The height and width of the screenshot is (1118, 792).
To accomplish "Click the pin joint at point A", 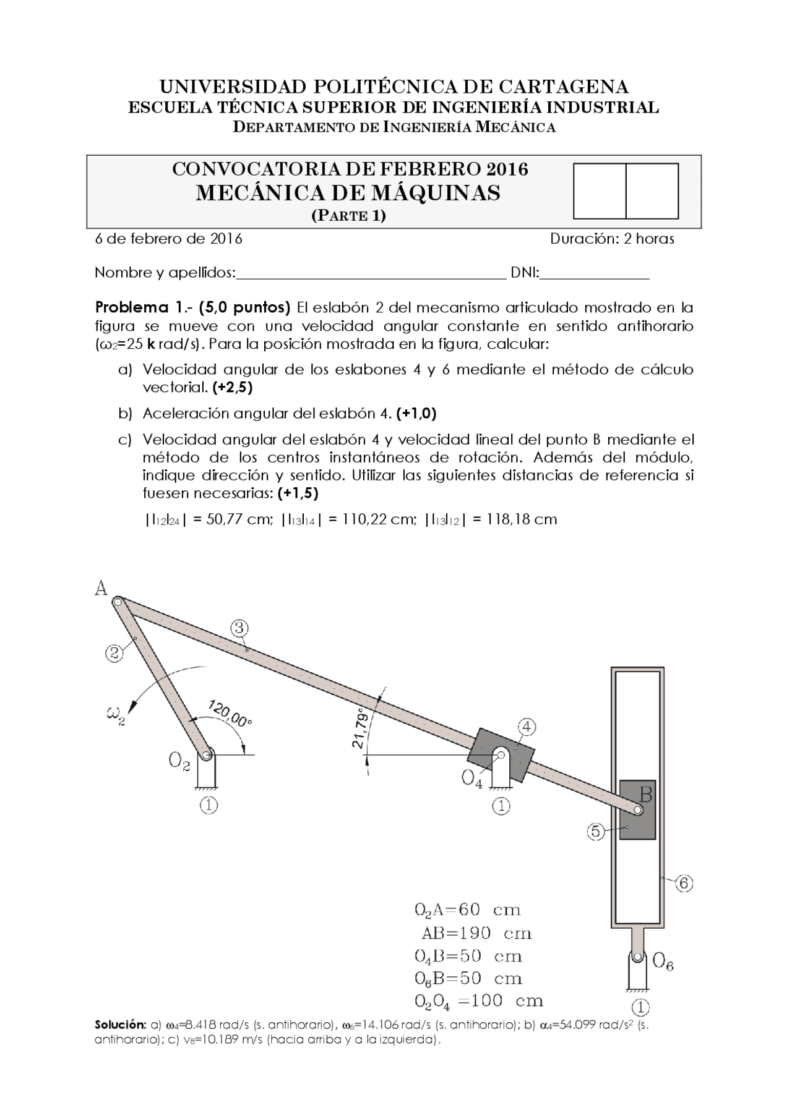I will [117, 600].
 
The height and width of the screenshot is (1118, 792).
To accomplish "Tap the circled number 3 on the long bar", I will [239, 628].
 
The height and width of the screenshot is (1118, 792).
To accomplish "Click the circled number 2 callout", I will [113, 654].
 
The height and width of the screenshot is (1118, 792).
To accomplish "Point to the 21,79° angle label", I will [361, 730].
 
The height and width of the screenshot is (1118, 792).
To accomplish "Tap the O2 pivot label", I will [179, 762].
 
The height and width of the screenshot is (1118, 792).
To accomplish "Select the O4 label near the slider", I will [472, 779].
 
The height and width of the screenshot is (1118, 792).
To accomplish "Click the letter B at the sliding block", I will [645, 793].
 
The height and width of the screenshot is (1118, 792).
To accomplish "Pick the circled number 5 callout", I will [595, 832].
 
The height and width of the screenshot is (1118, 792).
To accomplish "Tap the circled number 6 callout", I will [684, 884].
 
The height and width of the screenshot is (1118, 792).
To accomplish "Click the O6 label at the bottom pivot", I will [663, 962].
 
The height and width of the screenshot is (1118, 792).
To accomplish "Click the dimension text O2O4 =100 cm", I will [478, 1001].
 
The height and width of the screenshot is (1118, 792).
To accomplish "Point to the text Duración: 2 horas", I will [612, 239].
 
